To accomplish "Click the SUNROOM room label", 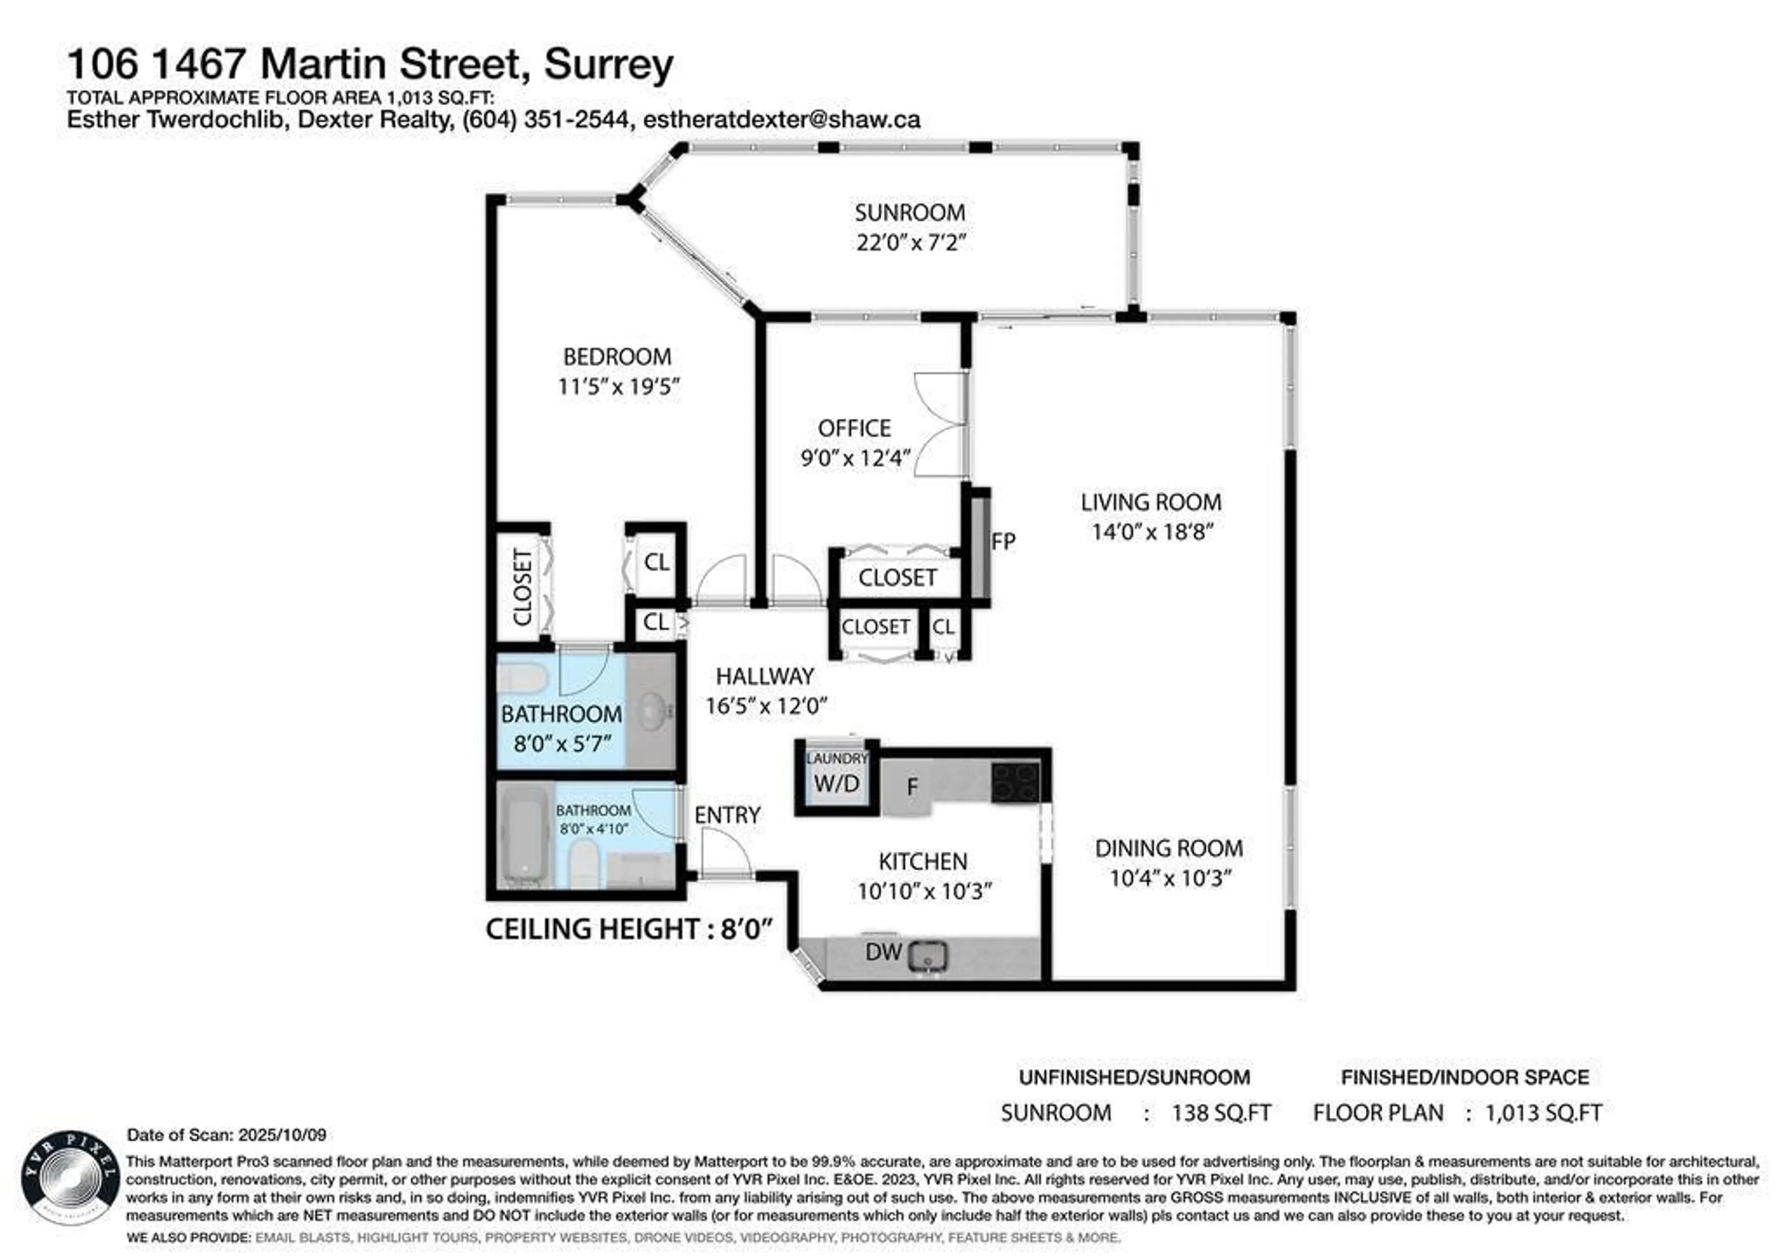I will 910,212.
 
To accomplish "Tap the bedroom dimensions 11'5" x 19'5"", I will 619,386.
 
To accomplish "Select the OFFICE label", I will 854,428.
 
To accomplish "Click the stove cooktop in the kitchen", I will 1015,782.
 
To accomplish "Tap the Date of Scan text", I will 226,1135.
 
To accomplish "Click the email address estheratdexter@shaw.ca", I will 781,120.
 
